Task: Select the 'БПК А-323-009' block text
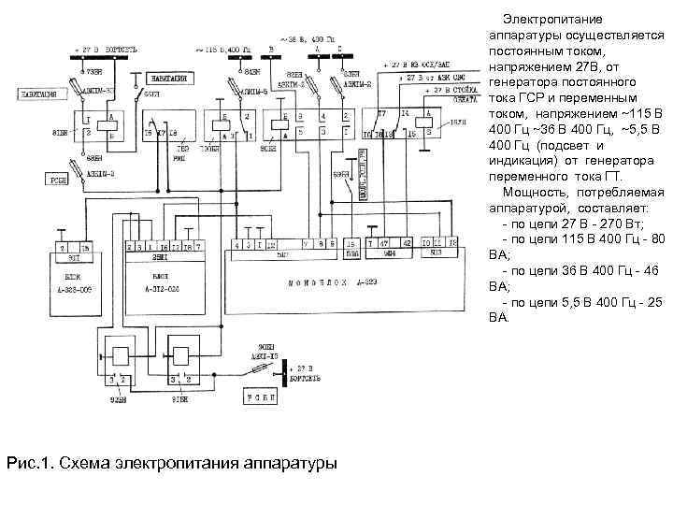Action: pos(71,285)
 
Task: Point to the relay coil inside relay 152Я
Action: pos(425,123)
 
